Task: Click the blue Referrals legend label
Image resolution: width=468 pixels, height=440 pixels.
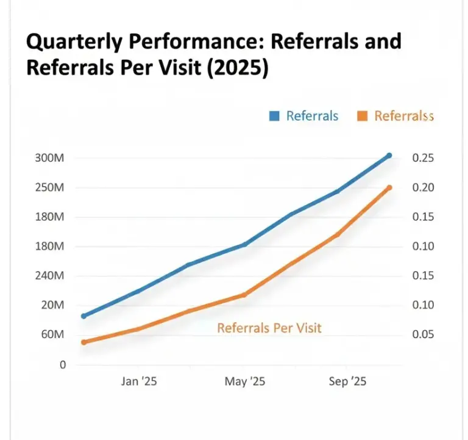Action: point(312,116)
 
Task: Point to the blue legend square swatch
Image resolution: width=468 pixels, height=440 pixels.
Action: point(274,116)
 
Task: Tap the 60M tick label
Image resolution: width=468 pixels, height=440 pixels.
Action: point(52,335)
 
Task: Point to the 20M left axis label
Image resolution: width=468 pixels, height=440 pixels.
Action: point(52,305)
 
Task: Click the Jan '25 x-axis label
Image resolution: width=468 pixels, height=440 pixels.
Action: point(139,381)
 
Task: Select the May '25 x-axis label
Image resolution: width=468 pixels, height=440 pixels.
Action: point(244,381)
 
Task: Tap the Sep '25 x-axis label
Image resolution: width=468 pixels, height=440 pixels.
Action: point(346,381)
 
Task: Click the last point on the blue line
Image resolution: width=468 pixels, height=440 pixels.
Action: point(389,156)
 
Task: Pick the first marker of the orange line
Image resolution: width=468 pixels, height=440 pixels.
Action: point(84,342)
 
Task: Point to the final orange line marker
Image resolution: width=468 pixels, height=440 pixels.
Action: point(389,188)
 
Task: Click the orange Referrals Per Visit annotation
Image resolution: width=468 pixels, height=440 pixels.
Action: point(269,328)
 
